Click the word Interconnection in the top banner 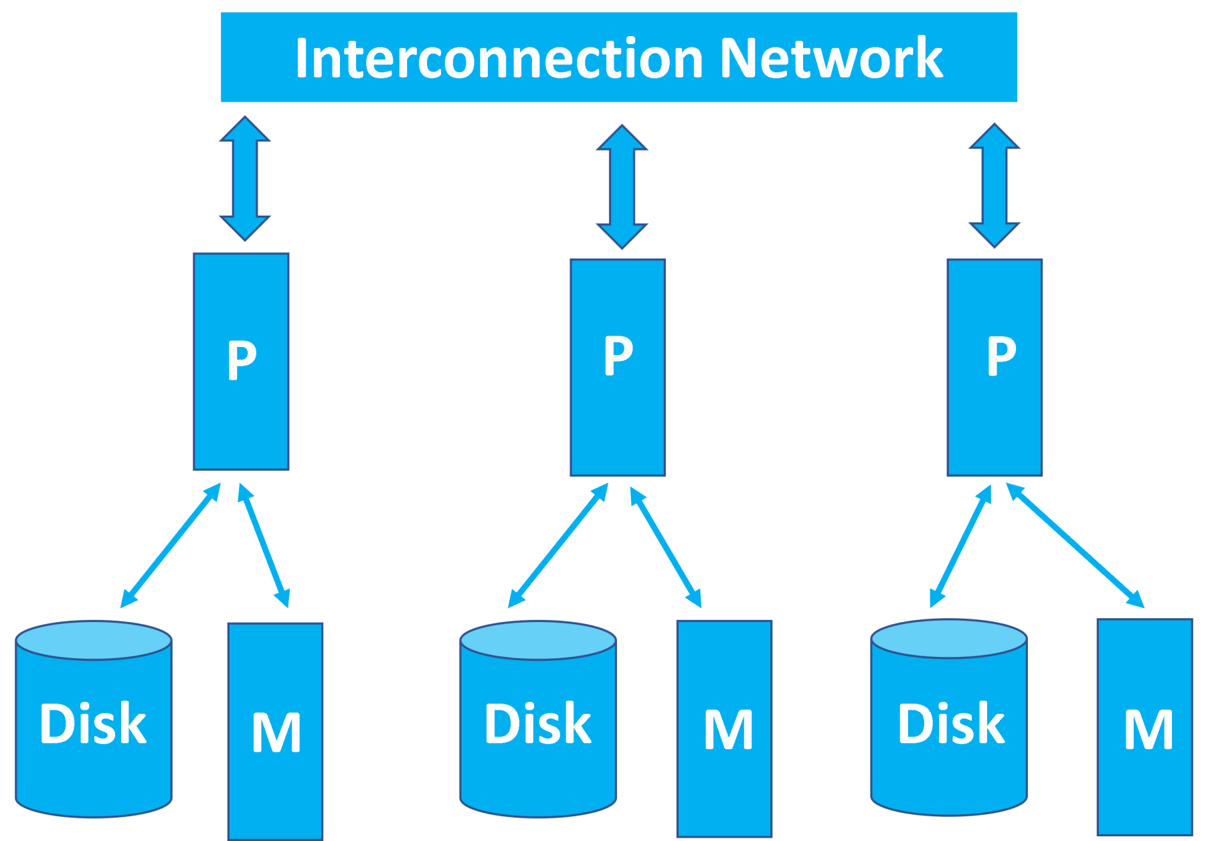[499, 59]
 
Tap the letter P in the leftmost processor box [242, 360]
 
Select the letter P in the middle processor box [618, 356]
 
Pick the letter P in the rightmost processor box [1001, 357]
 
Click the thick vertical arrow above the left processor [245, 178]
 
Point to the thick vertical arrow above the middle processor [622, 186]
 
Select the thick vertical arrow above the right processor [994, 185]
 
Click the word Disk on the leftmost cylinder [93, 724]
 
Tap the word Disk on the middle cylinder [538, 724]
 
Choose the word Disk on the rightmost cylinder [951, 724]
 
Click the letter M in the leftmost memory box [276, 733]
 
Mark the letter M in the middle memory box [728, 730]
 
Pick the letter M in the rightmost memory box [1148, 730]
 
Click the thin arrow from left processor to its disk [171, 545]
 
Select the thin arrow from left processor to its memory [264, 545]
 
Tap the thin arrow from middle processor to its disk [558, 545]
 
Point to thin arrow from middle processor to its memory [666, 546]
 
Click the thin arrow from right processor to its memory [1075, 545]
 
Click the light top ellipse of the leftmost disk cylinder [94, 640]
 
